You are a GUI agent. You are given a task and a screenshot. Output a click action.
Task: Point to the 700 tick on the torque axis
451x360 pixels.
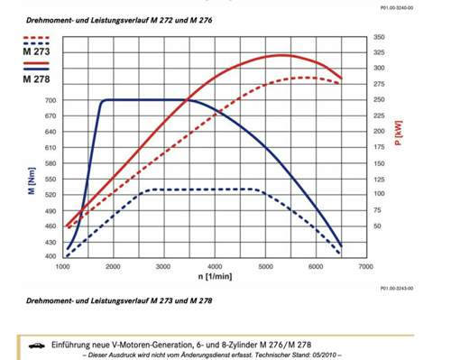coord(48,100)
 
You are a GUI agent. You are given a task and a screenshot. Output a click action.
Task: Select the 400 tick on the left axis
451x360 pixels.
coord(48,257)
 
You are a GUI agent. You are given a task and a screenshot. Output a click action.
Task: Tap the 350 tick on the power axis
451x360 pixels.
coord(379,37)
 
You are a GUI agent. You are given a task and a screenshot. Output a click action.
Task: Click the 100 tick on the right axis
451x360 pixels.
coord(379,194)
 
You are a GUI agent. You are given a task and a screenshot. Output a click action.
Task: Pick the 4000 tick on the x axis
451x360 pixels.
coord(215,268)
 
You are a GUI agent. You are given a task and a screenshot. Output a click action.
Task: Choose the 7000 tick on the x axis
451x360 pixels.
coord(365,268)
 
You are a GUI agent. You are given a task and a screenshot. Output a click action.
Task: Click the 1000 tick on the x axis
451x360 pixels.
coord(63,268)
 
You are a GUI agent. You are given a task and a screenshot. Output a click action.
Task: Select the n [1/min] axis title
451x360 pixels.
coord(215,278)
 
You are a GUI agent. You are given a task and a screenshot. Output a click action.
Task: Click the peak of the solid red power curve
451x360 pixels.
coord(282,55)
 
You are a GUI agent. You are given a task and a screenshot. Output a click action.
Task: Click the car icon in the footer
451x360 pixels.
coord(37,344)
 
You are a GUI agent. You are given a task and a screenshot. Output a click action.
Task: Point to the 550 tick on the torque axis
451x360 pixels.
coord(48,179)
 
